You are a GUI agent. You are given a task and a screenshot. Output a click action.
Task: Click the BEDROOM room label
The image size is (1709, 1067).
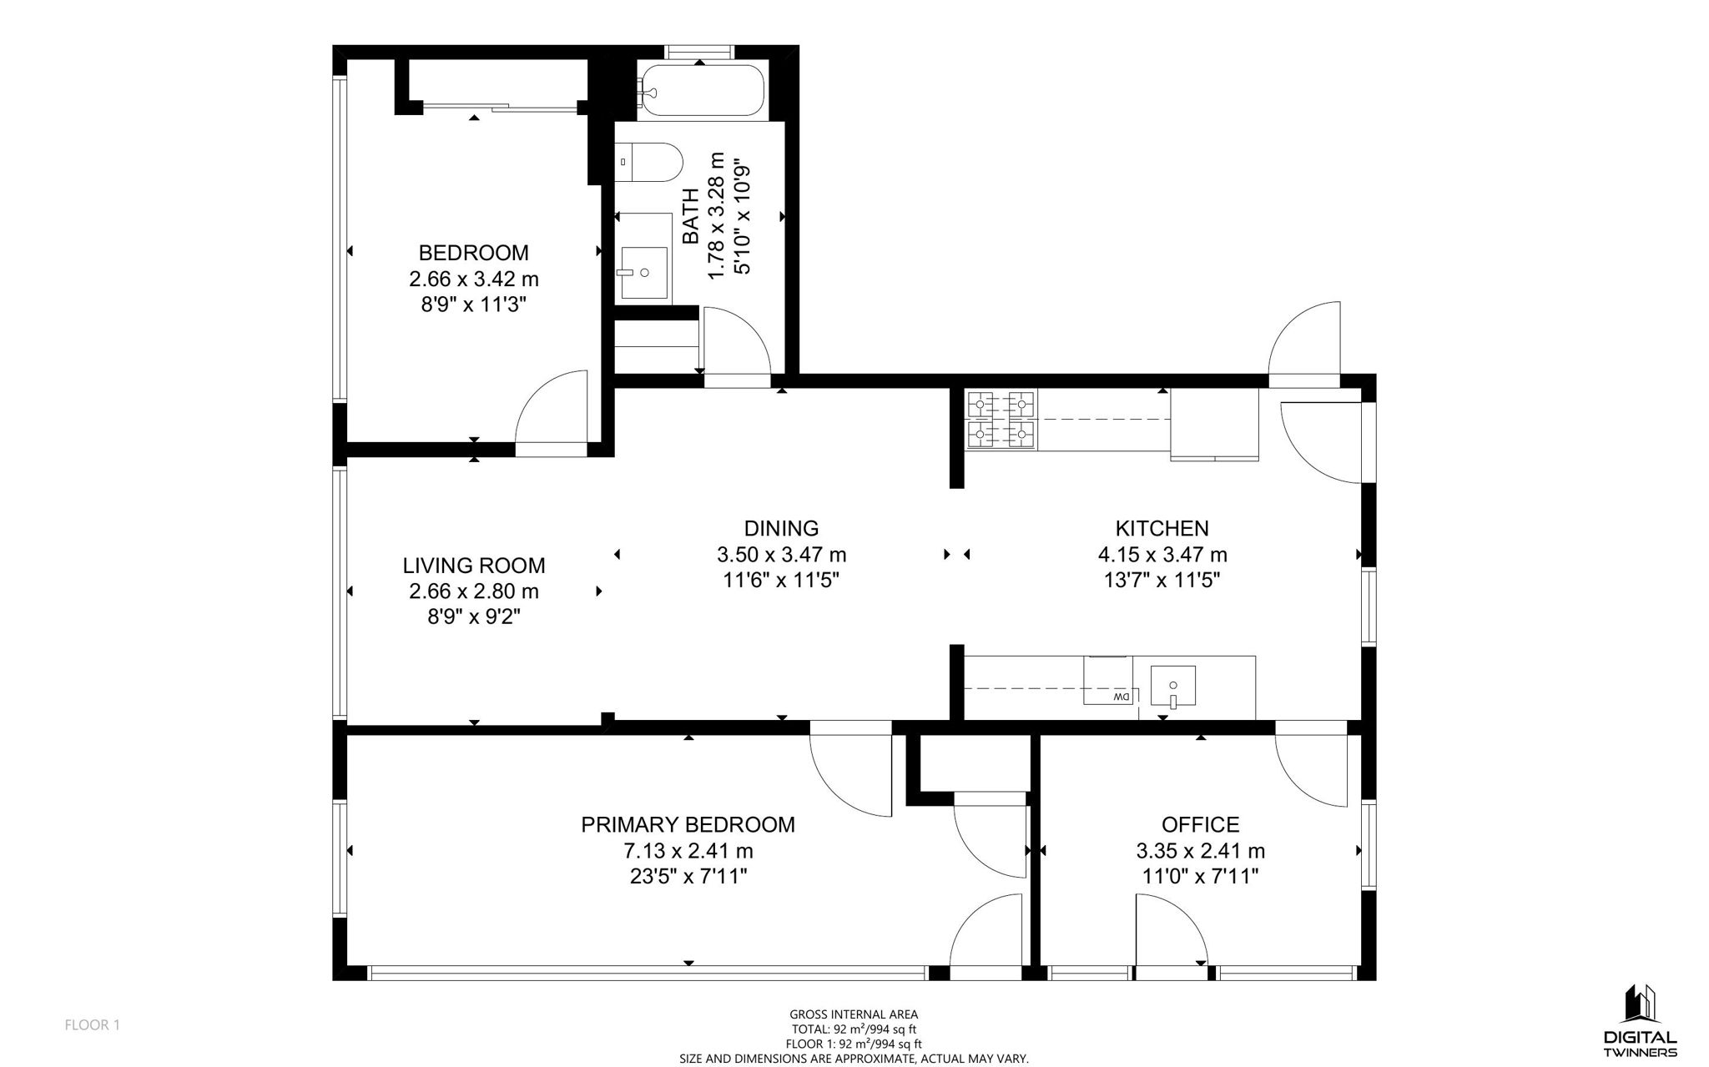tap(473, 253)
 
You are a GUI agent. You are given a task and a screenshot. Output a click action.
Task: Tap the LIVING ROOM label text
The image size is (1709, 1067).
tap(474, 566)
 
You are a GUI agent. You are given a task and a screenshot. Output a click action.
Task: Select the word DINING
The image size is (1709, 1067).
tap(781, 528)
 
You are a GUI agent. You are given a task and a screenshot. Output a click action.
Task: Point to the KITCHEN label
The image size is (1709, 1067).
tap(1162, 528)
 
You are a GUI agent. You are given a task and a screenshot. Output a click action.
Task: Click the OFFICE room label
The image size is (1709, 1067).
tap(1200, 825)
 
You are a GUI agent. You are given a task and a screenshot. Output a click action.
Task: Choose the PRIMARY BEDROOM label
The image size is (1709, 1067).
tap(688, 825)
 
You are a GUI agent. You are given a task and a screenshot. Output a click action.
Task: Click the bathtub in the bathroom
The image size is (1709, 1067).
tap(700, 90)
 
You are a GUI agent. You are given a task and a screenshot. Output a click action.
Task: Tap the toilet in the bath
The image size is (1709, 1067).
tap(648, 162)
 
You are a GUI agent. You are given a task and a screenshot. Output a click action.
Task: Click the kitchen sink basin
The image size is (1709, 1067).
tap(1172, 686)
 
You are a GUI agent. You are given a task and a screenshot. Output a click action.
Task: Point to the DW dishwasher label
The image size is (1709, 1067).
tap(1121, 697)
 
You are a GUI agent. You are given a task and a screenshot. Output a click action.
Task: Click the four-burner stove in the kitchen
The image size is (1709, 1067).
tap(1001, 420)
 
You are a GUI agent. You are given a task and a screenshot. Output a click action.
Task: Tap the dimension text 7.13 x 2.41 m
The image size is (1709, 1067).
tap(688, 851)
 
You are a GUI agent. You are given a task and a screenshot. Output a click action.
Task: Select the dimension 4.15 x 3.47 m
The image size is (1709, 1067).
tap(1162, 555)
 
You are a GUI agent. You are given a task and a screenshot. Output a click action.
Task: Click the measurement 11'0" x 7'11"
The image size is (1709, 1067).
tap(1200, 877)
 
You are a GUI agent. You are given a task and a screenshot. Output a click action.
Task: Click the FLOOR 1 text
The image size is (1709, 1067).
tap(93, 1025)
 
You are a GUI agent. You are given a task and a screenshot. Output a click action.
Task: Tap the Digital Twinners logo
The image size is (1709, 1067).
tap(1640, 1020)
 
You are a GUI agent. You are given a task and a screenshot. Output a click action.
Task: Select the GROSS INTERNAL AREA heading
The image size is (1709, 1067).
tap(854, 1014)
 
